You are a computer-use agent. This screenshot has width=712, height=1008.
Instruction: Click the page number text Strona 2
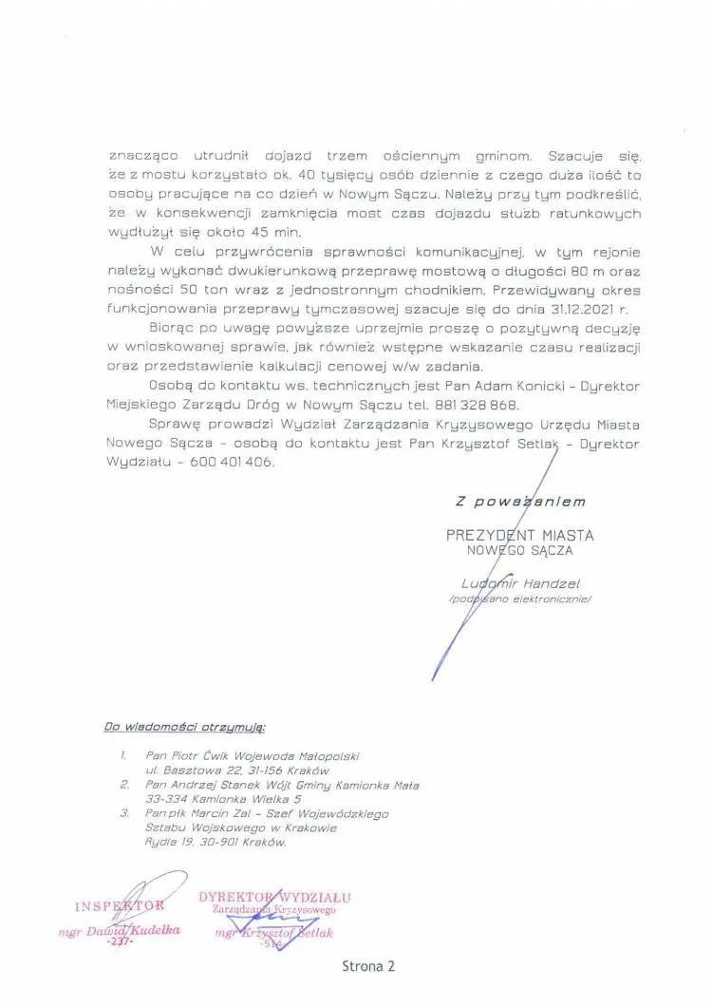(x=367, y=966)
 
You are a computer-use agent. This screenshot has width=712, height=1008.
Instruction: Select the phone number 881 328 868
(x=478, y=403)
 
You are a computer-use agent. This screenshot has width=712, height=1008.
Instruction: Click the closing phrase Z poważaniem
(x=520, y=501)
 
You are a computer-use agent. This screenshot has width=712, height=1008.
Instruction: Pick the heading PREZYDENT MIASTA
(x=519, y=536)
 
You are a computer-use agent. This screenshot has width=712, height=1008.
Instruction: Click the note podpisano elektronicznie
(x=519, y=599)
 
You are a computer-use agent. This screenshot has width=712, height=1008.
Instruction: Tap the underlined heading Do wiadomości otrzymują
(x=185, y=728)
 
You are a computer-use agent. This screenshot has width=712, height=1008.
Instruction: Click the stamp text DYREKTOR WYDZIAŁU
(x=275, y=897)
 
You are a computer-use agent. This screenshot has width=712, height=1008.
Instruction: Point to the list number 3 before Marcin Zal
(x=124, y=814)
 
